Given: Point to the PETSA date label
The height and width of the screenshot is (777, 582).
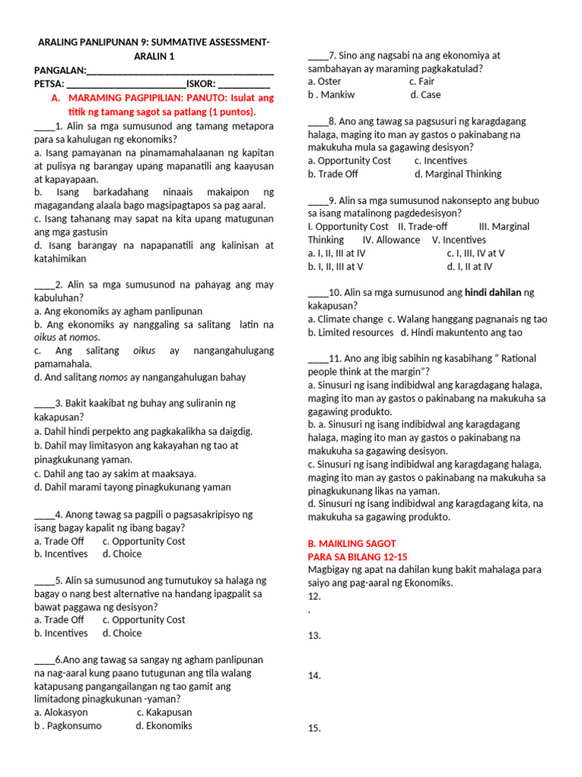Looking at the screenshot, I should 49,83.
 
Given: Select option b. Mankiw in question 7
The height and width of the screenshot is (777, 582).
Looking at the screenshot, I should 332,95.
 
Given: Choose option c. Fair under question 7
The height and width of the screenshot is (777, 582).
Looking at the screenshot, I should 421,81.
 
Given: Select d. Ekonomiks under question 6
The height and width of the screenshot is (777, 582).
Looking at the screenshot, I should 164,725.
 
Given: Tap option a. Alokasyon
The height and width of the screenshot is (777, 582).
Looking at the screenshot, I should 61,713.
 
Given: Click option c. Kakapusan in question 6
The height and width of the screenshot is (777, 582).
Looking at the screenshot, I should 164,713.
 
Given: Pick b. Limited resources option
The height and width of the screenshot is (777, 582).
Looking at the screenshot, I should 351,332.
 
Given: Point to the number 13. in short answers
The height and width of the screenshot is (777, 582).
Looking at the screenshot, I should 314,636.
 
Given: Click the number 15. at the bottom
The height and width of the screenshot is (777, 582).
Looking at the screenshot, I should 314,728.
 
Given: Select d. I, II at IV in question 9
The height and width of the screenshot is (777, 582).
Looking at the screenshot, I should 469,266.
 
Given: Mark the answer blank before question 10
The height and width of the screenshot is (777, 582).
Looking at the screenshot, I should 318,293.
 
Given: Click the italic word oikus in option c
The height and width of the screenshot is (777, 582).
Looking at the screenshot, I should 144,351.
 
